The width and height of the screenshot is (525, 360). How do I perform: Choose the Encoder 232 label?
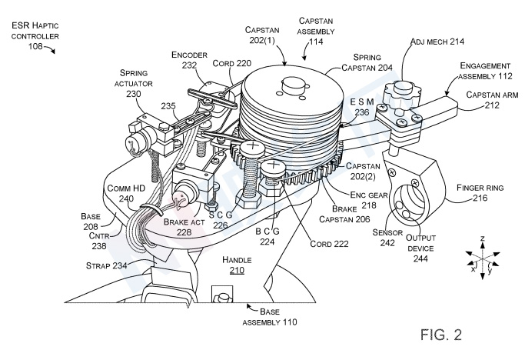pos(189,60)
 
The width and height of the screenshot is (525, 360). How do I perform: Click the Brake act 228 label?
pos(184,226)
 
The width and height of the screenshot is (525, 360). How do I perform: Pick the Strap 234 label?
pos(106,265)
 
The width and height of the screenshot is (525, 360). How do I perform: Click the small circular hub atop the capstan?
pos(294,83)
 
